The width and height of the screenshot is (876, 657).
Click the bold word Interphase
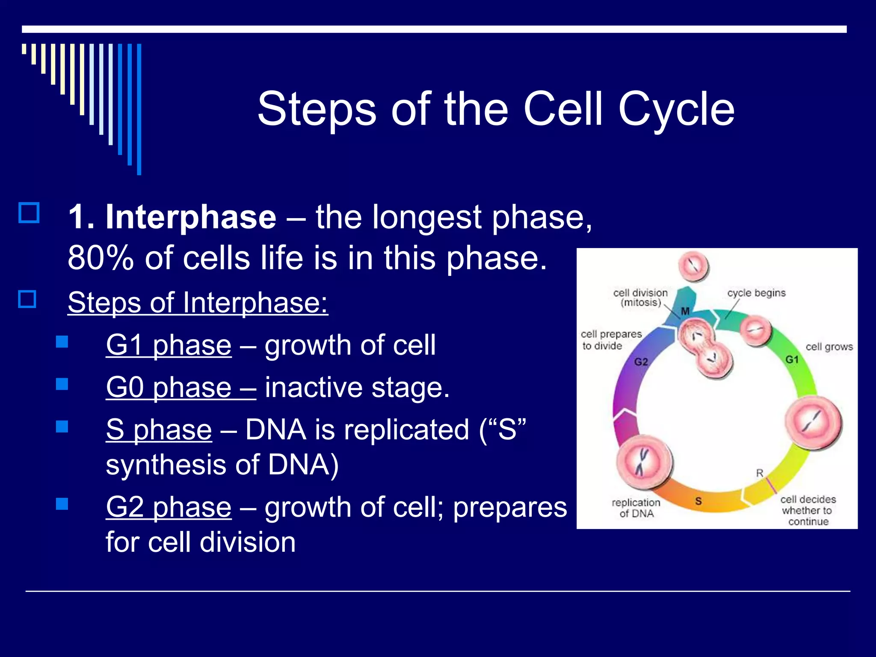pyautogui.click(x=191, y=217)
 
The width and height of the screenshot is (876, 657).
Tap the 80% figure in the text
pyautogui.click(x=100, y=258)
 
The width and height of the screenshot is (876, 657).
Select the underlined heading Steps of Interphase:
pyautogui.click(x=198, y=302)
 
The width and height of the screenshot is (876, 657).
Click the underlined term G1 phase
pyautogui.click(x=169, y=345)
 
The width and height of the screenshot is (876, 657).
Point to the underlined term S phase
pyautogui.click(x=159, y=429)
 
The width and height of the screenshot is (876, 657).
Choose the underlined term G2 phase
pyautogui.click(x=169, y=507)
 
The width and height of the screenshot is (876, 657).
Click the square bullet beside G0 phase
pyautogui.click(x=62, y=384)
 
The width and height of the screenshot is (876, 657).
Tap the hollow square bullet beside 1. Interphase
pyautogui.click(x=29, y=213)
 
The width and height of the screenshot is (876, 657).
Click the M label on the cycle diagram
pyautogui.click(x=685, y=311)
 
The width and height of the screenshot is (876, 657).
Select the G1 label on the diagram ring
pyautogui.click(x=792, y=359)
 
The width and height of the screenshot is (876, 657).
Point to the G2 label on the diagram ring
pyautogui.click(x=641, y=362)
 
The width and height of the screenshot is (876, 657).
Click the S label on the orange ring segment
pyautogui.click(x=698, y=501)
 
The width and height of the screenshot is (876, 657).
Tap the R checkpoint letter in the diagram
pyautogui.click(x=760, y=473)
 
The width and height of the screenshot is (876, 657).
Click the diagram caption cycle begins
pyautogui.click(x=756, y=293)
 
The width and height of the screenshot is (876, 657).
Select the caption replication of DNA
pyautogui.click(x=636, y=508)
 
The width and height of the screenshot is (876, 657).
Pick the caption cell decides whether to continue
pyautogui.click(x=808, y=510)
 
